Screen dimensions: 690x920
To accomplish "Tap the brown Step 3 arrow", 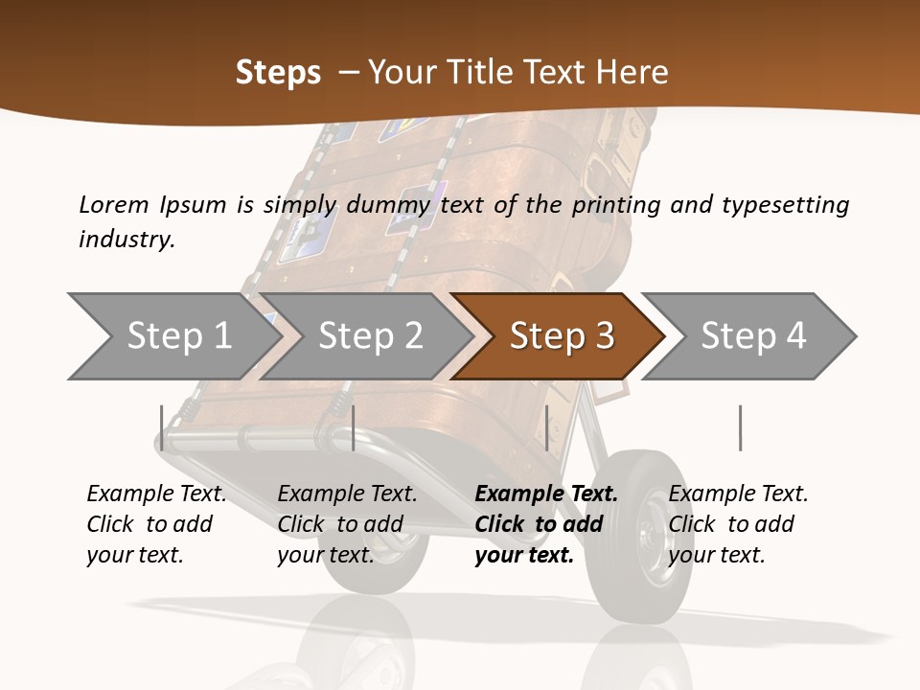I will click(x=562, y=336).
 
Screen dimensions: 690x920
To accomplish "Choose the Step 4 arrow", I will click(x=753, y=336).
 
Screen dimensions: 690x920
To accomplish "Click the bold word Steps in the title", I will click(x=278, y=72).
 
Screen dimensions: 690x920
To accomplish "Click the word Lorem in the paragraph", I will click(x=113, y=204).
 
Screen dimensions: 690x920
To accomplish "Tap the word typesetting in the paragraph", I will click(x=785, y=204).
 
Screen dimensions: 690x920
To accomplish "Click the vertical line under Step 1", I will click(x=162, y=427).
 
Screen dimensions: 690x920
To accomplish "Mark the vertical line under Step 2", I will click(x=354, y=427).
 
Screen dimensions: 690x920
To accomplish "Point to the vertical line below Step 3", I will click(x=546, y=427).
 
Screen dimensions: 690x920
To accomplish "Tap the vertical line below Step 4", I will click(x=741, y=427).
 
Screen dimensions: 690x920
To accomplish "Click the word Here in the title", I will click(x=632, y=72).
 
